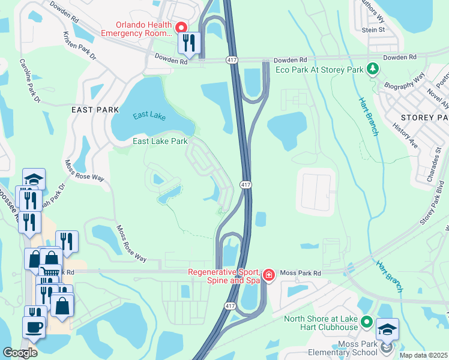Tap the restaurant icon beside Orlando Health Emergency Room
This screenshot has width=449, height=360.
click(x=189, y=43)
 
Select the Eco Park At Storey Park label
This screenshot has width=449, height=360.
click(x=319, y=70)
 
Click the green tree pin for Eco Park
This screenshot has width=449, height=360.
click(x=373, y=70)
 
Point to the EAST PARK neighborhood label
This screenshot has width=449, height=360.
click(x=91, y=110)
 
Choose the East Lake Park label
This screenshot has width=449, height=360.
click(x=160, y=142)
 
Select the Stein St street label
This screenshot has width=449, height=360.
click(x=373, y=29)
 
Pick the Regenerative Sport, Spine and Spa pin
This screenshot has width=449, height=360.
click(x=268, y=275)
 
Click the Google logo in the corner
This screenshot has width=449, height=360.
click(x=20, y=352)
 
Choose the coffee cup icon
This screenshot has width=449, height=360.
click(x=33, y=327)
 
